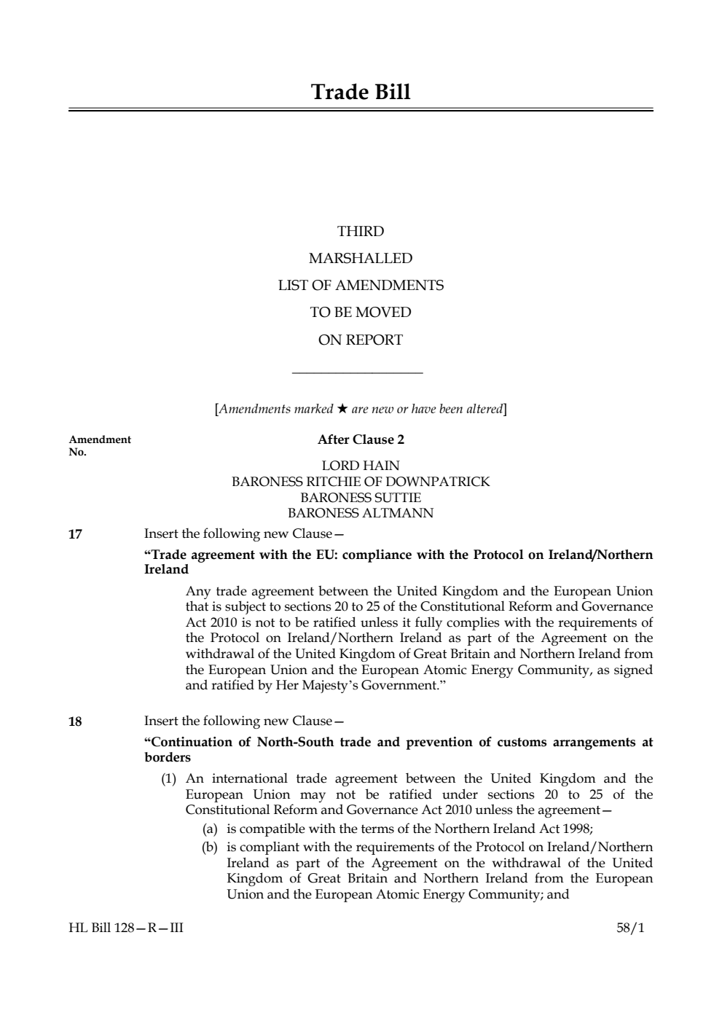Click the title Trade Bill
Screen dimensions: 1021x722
(x=361, y=93)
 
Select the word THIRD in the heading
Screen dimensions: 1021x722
(x=361, y=232)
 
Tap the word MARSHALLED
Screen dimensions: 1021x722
(x=361, y=259)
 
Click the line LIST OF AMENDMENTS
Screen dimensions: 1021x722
(x=361, y=286)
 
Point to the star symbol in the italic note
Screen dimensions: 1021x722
(x=342, y=409)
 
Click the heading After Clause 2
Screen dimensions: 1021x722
(x=361, y=439)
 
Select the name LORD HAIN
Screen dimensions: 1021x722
(x=361, y=466)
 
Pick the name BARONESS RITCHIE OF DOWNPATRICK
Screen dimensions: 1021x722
(x=361, y=482)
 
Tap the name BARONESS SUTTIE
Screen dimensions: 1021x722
(x=361, y=498)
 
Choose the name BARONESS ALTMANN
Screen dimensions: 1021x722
(x=361, y=513)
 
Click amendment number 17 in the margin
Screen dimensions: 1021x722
(x=75, y=534)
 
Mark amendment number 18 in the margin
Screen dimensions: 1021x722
(x=75, y=722)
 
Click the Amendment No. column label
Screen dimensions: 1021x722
(x=100, y=445)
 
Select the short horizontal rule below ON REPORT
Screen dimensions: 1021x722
(x=357, y=375)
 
